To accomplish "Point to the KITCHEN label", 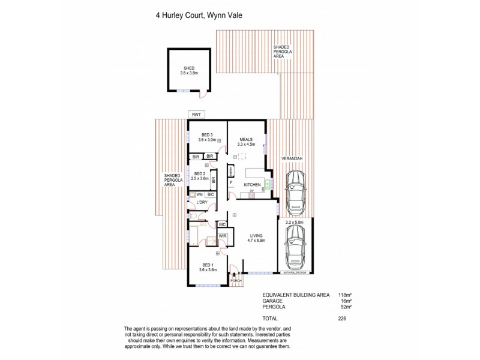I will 251,184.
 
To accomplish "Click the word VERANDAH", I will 290,158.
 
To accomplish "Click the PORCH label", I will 235,280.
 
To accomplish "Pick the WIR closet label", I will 222,236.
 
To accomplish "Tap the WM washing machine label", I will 199,195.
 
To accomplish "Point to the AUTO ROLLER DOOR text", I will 295,273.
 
